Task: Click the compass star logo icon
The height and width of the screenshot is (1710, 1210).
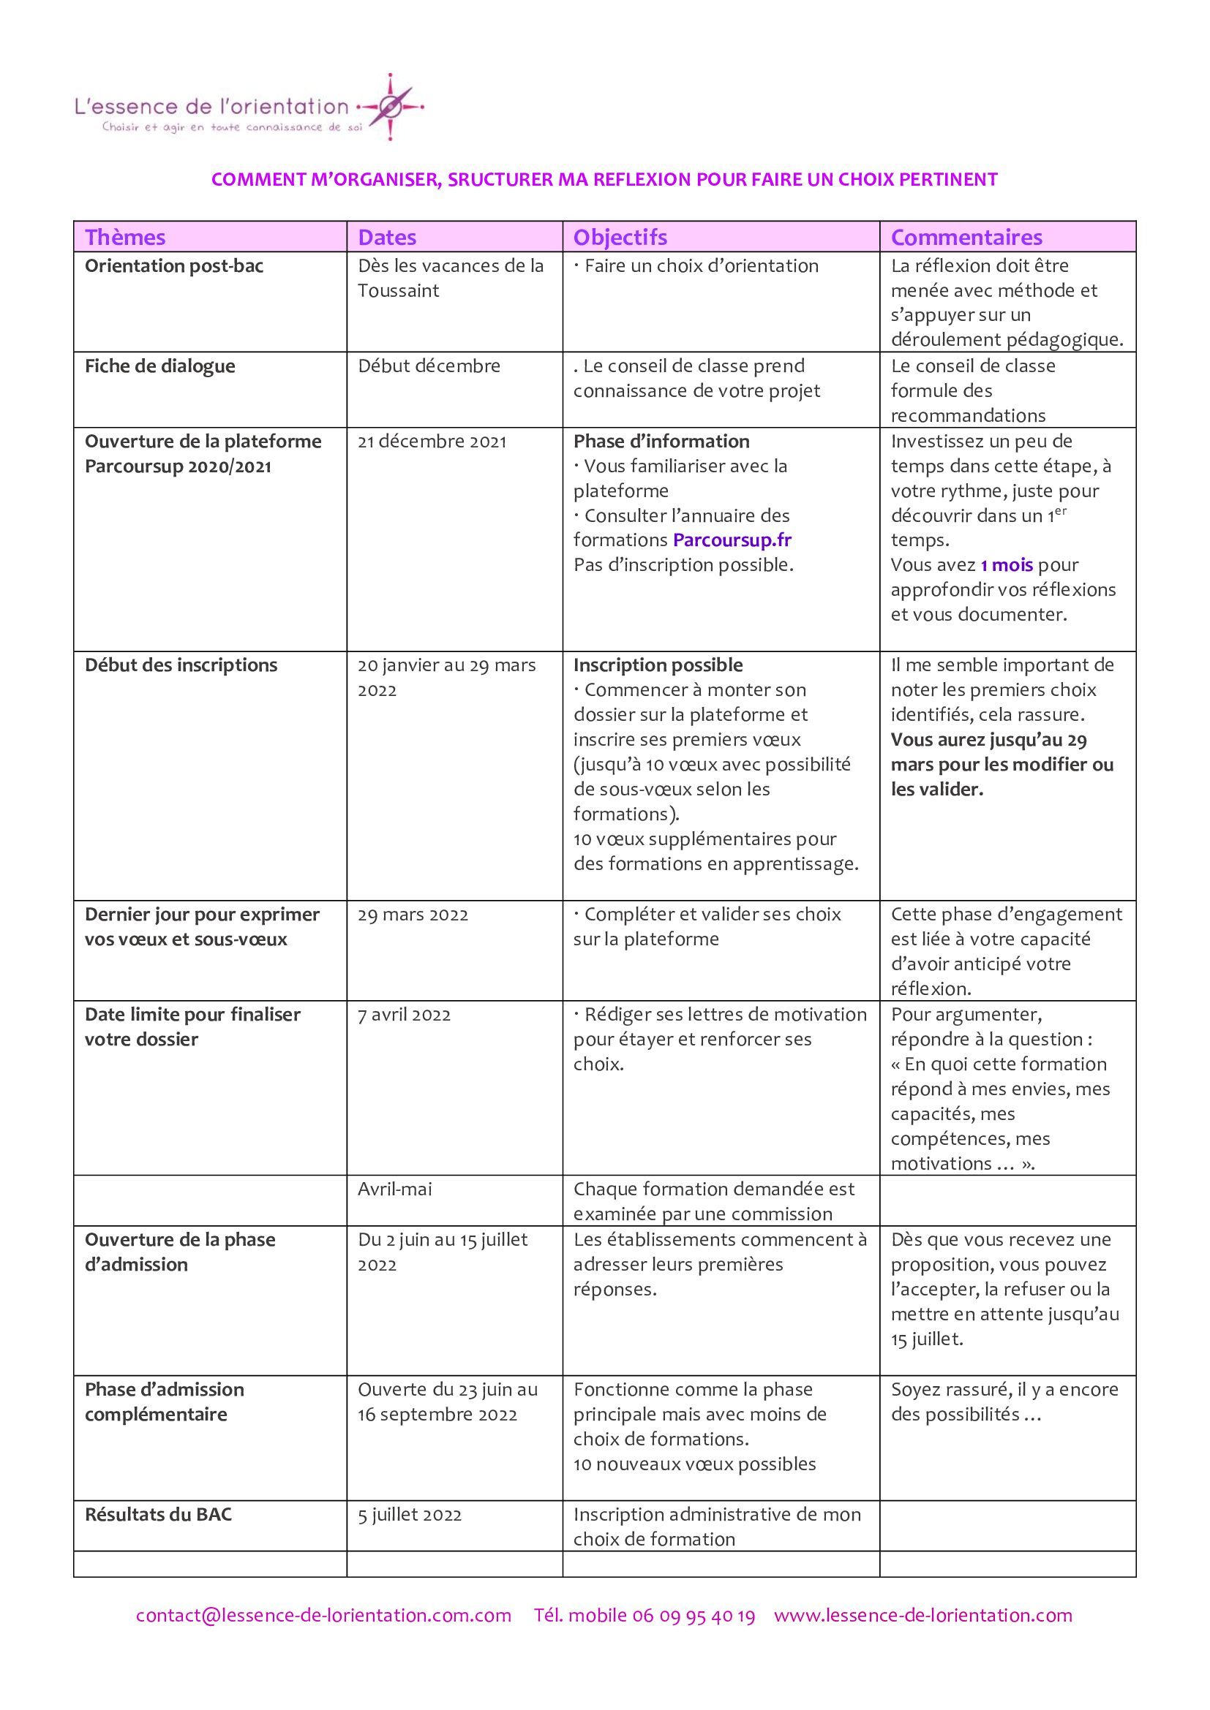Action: click(391, 108)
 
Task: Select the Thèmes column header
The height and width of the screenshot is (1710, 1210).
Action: click(124, 237)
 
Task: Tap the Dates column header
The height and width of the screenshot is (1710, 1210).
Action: click(387, 237)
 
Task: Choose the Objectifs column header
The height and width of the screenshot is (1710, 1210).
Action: click(620, 237)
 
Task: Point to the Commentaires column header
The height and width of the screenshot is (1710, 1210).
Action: click(966, 237)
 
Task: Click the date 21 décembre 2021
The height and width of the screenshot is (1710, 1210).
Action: click(432, 442)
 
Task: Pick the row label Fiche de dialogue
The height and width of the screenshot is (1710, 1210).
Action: click(159, 366)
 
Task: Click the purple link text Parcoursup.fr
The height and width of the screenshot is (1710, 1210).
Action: click(732, 540)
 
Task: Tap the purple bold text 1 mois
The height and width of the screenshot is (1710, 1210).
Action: click(1006, 564)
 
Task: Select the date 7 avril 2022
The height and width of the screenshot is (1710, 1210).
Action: click(404, 1015)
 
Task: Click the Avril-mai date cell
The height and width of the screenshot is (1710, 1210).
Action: click(394, 1189)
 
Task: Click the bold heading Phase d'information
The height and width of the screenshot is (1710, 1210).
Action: click(661, 441)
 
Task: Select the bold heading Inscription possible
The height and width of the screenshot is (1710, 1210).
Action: click(658, 665)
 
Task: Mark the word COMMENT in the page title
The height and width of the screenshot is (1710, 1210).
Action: click(255, 180)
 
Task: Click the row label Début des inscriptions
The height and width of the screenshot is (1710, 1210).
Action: click(180, 665)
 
